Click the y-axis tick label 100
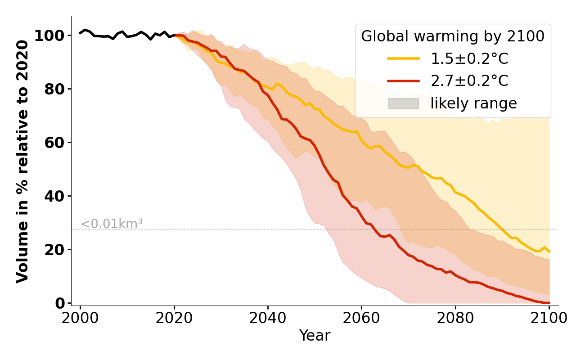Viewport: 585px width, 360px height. click(x=49, y=36)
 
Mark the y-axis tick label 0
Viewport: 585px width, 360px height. click(x=60, y=303)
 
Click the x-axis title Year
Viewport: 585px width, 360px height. click(x=315, y=336)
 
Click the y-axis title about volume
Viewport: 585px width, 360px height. click(x=22, y=161)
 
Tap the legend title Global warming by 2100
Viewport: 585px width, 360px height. click(x=453, y=36)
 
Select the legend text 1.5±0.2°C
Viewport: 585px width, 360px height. click(x=469, y=59)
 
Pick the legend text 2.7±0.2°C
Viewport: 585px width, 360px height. click(x=469, y=81)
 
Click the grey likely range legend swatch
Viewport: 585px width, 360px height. click(x=403, y=103)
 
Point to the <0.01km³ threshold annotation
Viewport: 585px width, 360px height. click(x=112, y=224)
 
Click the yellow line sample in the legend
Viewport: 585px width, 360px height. click(x=403, y=59)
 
